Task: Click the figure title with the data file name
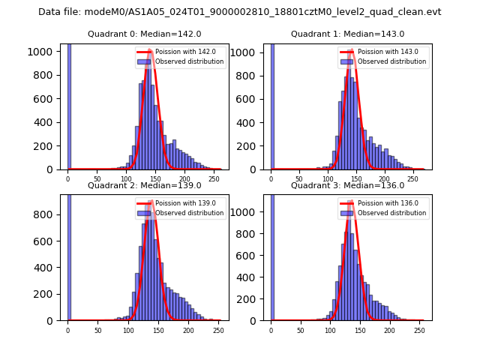239,12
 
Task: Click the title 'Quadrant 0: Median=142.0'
144,34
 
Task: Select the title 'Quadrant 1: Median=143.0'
347,34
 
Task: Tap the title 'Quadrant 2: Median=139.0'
144,185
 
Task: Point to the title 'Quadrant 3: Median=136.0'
347,185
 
